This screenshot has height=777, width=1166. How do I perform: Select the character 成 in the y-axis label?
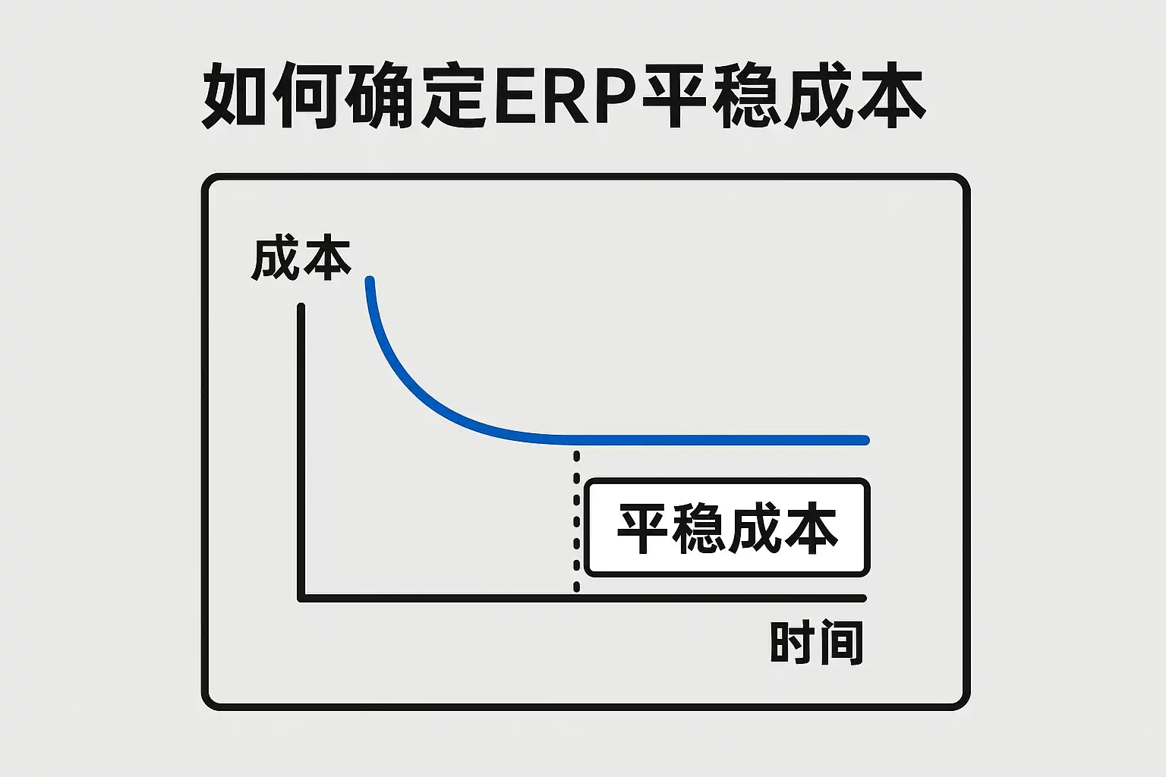276,259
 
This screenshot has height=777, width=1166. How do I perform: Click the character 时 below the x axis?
793,643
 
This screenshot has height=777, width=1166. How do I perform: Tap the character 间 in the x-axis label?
840,643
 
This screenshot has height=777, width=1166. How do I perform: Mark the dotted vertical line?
577,524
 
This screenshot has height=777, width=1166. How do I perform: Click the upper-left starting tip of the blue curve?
370,282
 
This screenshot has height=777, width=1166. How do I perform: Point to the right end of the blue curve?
865,440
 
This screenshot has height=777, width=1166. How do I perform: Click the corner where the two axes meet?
301,598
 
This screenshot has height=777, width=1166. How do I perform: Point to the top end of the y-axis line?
301,307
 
